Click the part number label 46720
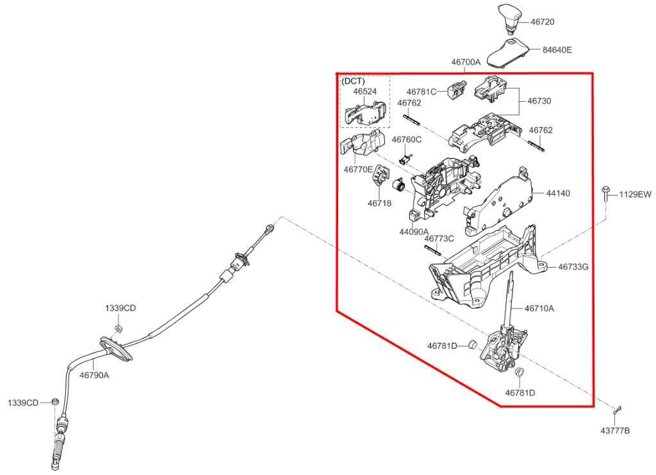coord(542,22)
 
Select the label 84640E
coord(557,50)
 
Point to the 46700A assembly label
coord(466,62)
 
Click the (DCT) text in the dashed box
coord(354,81)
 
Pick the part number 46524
coord(365,91)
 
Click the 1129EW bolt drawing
coord(605,195)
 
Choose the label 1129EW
coord(635,194)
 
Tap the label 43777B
coord(615,431)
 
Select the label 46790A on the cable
coord(94,375)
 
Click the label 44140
coord(558,193)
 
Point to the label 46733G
coord(573,266)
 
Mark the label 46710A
coord(539,308)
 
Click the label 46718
coord(379,203)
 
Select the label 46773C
coord(439,238)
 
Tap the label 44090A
coord(414,231)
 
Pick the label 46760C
coord(406,140)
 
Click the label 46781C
coord(422,92)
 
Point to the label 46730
coord(539,101)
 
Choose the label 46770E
coord(358,170)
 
